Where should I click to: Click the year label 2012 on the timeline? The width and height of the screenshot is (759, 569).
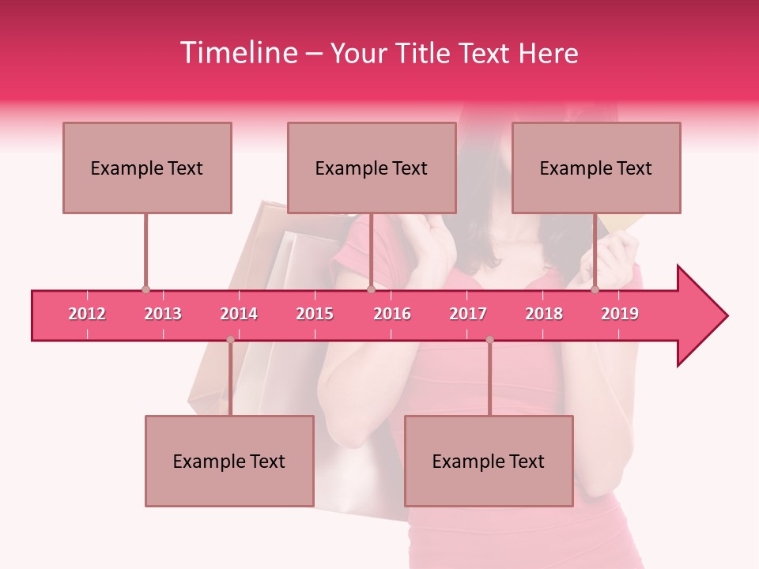[87, 314]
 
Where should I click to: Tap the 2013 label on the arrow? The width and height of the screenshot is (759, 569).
[163, 314]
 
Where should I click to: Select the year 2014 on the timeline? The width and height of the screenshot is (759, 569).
[239, 314]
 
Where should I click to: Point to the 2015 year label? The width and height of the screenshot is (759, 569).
[315, 314]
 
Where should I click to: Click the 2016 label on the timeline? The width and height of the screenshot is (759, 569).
[392, 314]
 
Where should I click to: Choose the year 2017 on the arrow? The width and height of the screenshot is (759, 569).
[468, 314]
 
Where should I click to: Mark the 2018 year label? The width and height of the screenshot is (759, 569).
[544, 314]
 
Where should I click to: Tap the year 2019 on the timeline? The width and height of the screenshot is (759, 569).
[620, 314]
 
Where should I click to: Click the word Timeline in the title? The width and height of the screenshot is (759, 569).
[237, 53]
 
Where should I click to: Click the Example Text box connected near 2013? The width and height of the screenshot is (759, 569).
[147, 168]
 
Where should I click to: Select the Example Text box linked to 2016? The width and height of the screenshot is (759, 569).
[372, 168]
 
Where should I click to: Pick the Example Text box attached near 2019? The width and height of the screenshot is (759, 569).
[596, 168]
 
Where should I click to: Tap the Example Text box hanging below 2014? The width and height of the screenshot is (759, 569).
[229, 461]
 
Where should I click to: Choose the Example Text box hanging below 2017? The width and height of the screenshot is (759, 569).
[489, 461]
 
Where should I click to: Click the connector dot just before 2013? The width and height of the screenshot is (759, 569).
[145, 290]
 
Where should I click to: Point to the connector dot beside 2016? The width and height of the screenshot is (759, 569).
[371, 290]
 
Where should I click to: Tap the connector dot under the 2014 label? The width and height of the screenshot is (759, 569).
[230, 340]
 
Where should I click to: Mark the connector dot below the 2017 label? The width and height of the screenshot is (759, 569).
[489, 340]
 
